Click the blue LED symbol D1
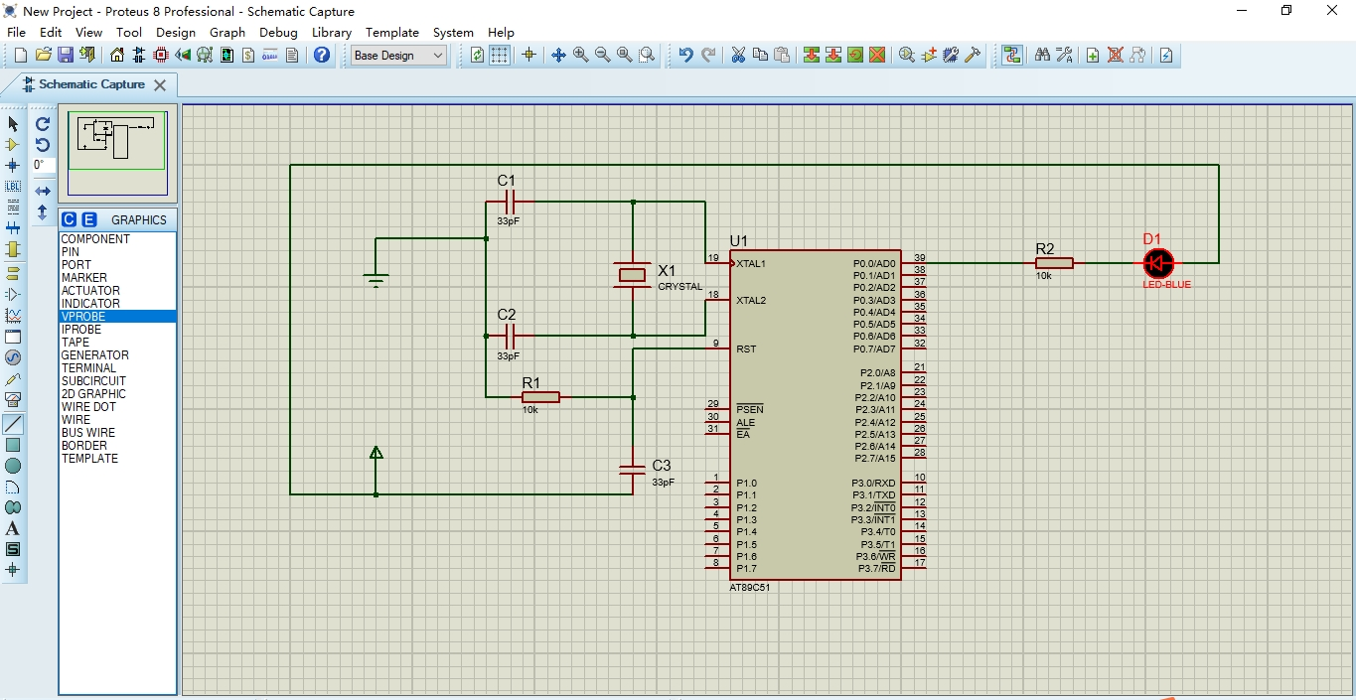[1157, 263]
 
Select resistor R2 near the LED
[1054, 263]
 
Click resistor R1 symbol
[540, 397]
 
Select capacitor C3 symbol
[633, 470]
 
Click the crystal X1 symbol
[633, 275]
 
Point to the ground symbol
[376, 280]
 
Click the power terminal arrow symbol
[376, 454]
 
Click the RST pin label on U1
[746, 350]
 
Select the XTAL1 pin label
[751, 264]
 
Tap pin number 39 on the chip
[920, 258]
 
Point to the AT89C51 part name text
[749, 587]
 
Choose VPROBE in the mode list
[83, 317]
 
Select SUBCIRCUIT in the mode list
[93, 381]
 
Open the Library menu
[331, 32]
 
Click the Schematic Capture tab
[90, 84]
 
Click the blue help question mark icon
[322, 56]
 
